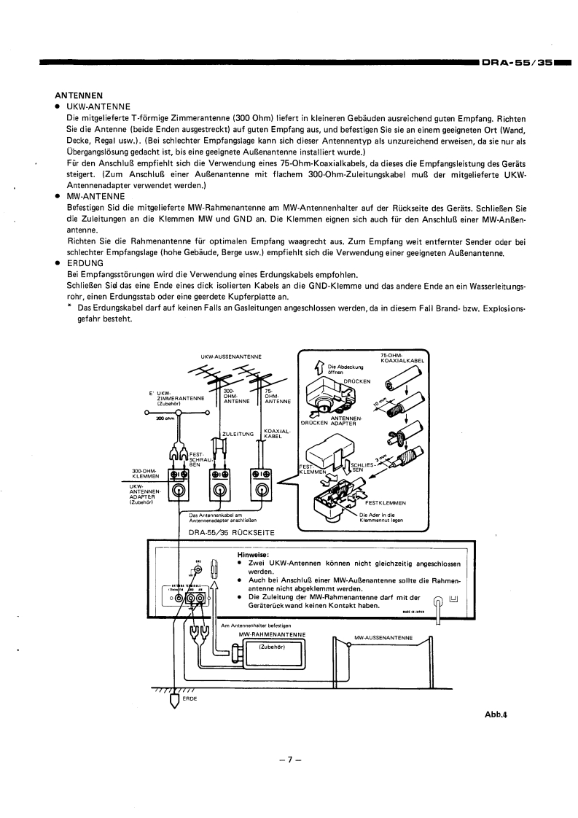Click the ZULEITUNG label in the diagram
point(237,434)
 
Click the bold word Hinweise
point(243,555)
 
